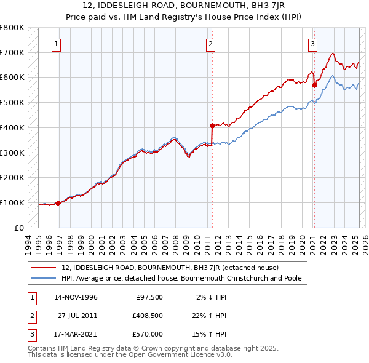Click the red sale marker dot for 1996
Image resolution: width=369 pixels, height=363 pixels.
click(x=58, y=203)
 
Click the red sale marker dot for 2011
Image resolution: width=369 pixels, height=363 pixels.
click(x=212, y=126)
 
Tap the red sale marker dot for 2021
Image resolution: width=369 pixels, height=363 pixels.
click(x=314, y=85)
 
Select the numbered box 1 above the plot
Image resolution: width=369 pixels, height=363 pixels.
click(x=56, y=44)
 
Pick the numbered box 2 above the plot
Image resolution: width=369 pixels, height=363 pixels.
click(x=210, y=44)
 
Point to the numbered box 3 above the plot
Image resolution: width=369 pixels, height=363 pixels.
click(x=312, y=44)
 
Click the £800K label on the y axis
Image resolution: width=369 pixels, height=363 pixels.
click(x=12, y=28)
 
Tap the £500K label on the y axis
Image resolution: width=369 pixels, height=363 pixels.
click(x=12, y=103)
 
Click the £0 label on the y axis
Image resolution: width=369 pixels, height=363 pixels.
click(x=18, y=228)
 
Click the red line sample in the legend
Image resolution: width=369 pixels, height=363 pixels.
click(x=44, y=268)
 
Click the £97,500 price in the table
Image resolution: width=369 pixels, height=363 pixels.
click(x=149, y=297)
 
